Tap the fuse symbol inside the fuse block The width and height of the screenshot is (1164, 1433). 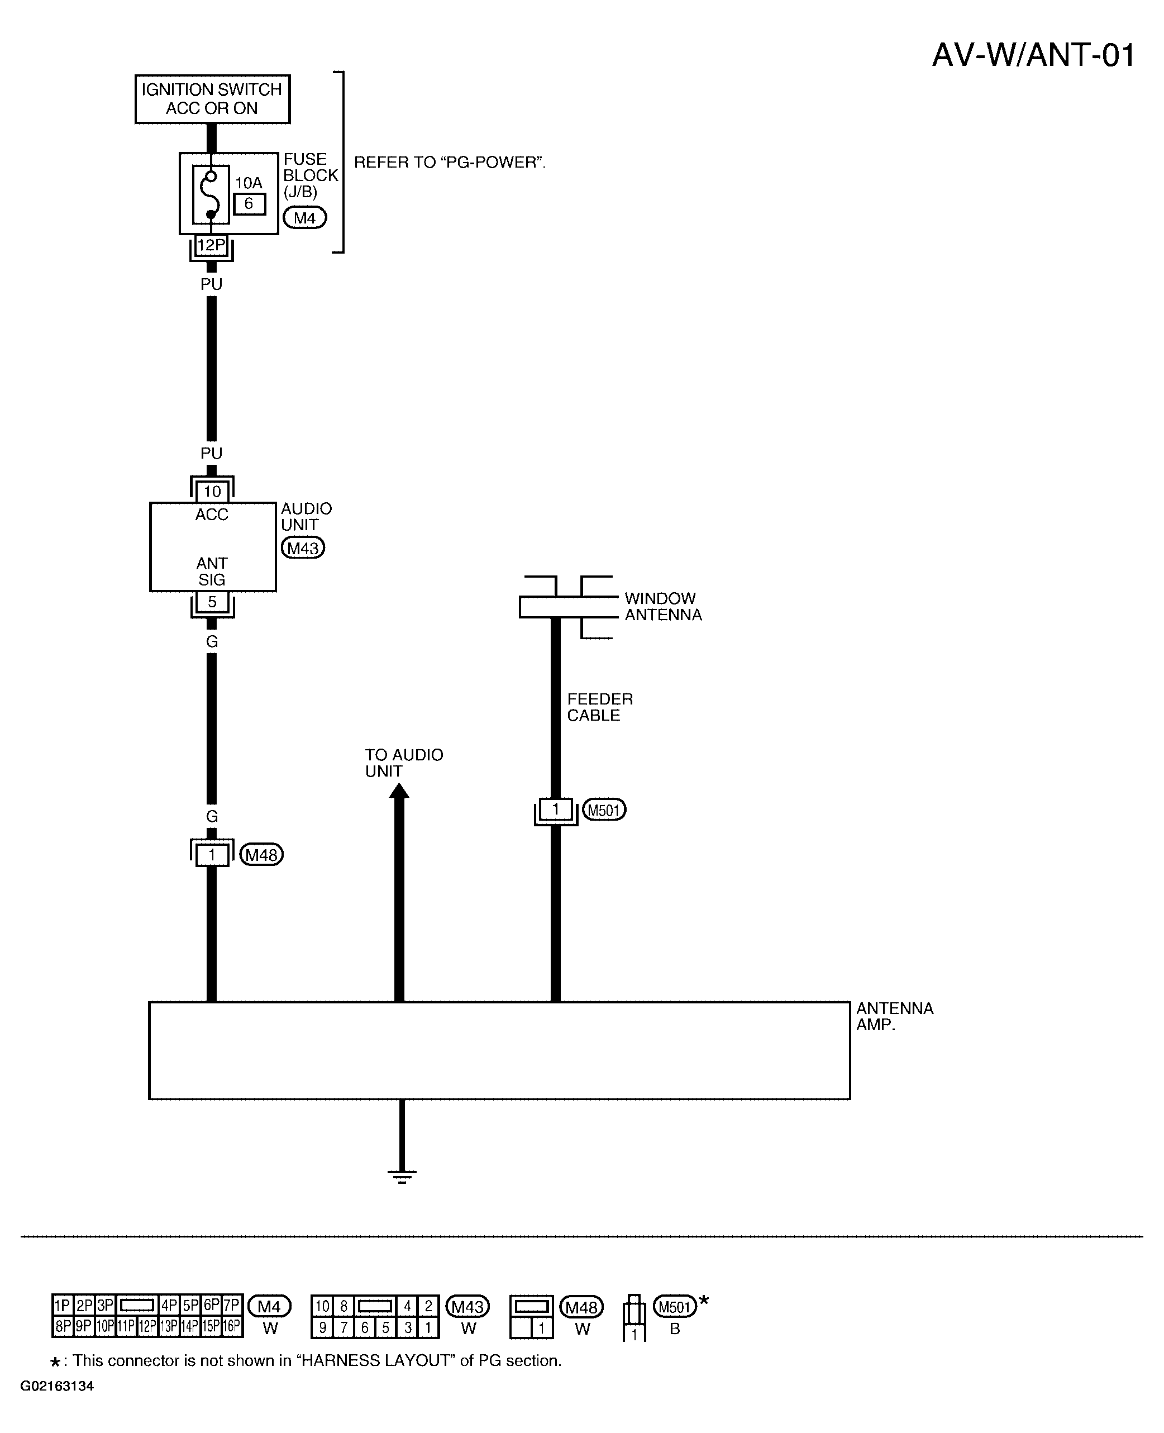coord(211,194)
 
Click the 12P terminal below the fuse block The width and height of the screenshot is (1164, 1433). coord(211,245)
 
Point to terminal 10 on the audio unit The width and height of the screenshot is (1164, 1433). coord(212,492)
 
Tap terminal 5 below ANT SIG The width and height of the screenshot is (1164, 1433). coord(212,602)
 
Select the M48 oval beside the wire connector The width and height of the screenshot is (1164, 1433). coord(261,855)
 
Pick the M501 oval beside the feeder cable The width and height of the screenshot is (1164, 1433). coord(603,810)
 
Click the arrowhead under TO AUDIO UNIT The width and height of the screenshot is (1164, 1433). coord(399,791)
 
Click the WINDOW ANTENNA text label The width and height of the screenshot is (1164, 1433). coord(663,606)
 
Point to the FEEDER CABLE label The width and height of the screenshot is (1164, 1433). coord(600,707)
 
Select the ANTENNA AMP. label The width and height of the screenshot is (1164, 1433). coord(894,1017)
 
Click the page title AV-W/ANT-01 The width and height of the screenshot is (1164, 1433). coord(1033,55)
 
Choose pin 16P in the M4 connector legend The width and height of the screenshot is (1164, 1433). coord(231,1326)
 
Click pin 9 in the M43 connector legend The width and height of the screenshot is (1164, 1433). coord(322,1327)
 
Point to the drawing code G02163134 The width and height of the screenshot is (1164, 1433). coord(57,1386)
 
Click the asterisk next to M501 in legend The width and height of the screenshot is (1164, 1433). coord(704,1302)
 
